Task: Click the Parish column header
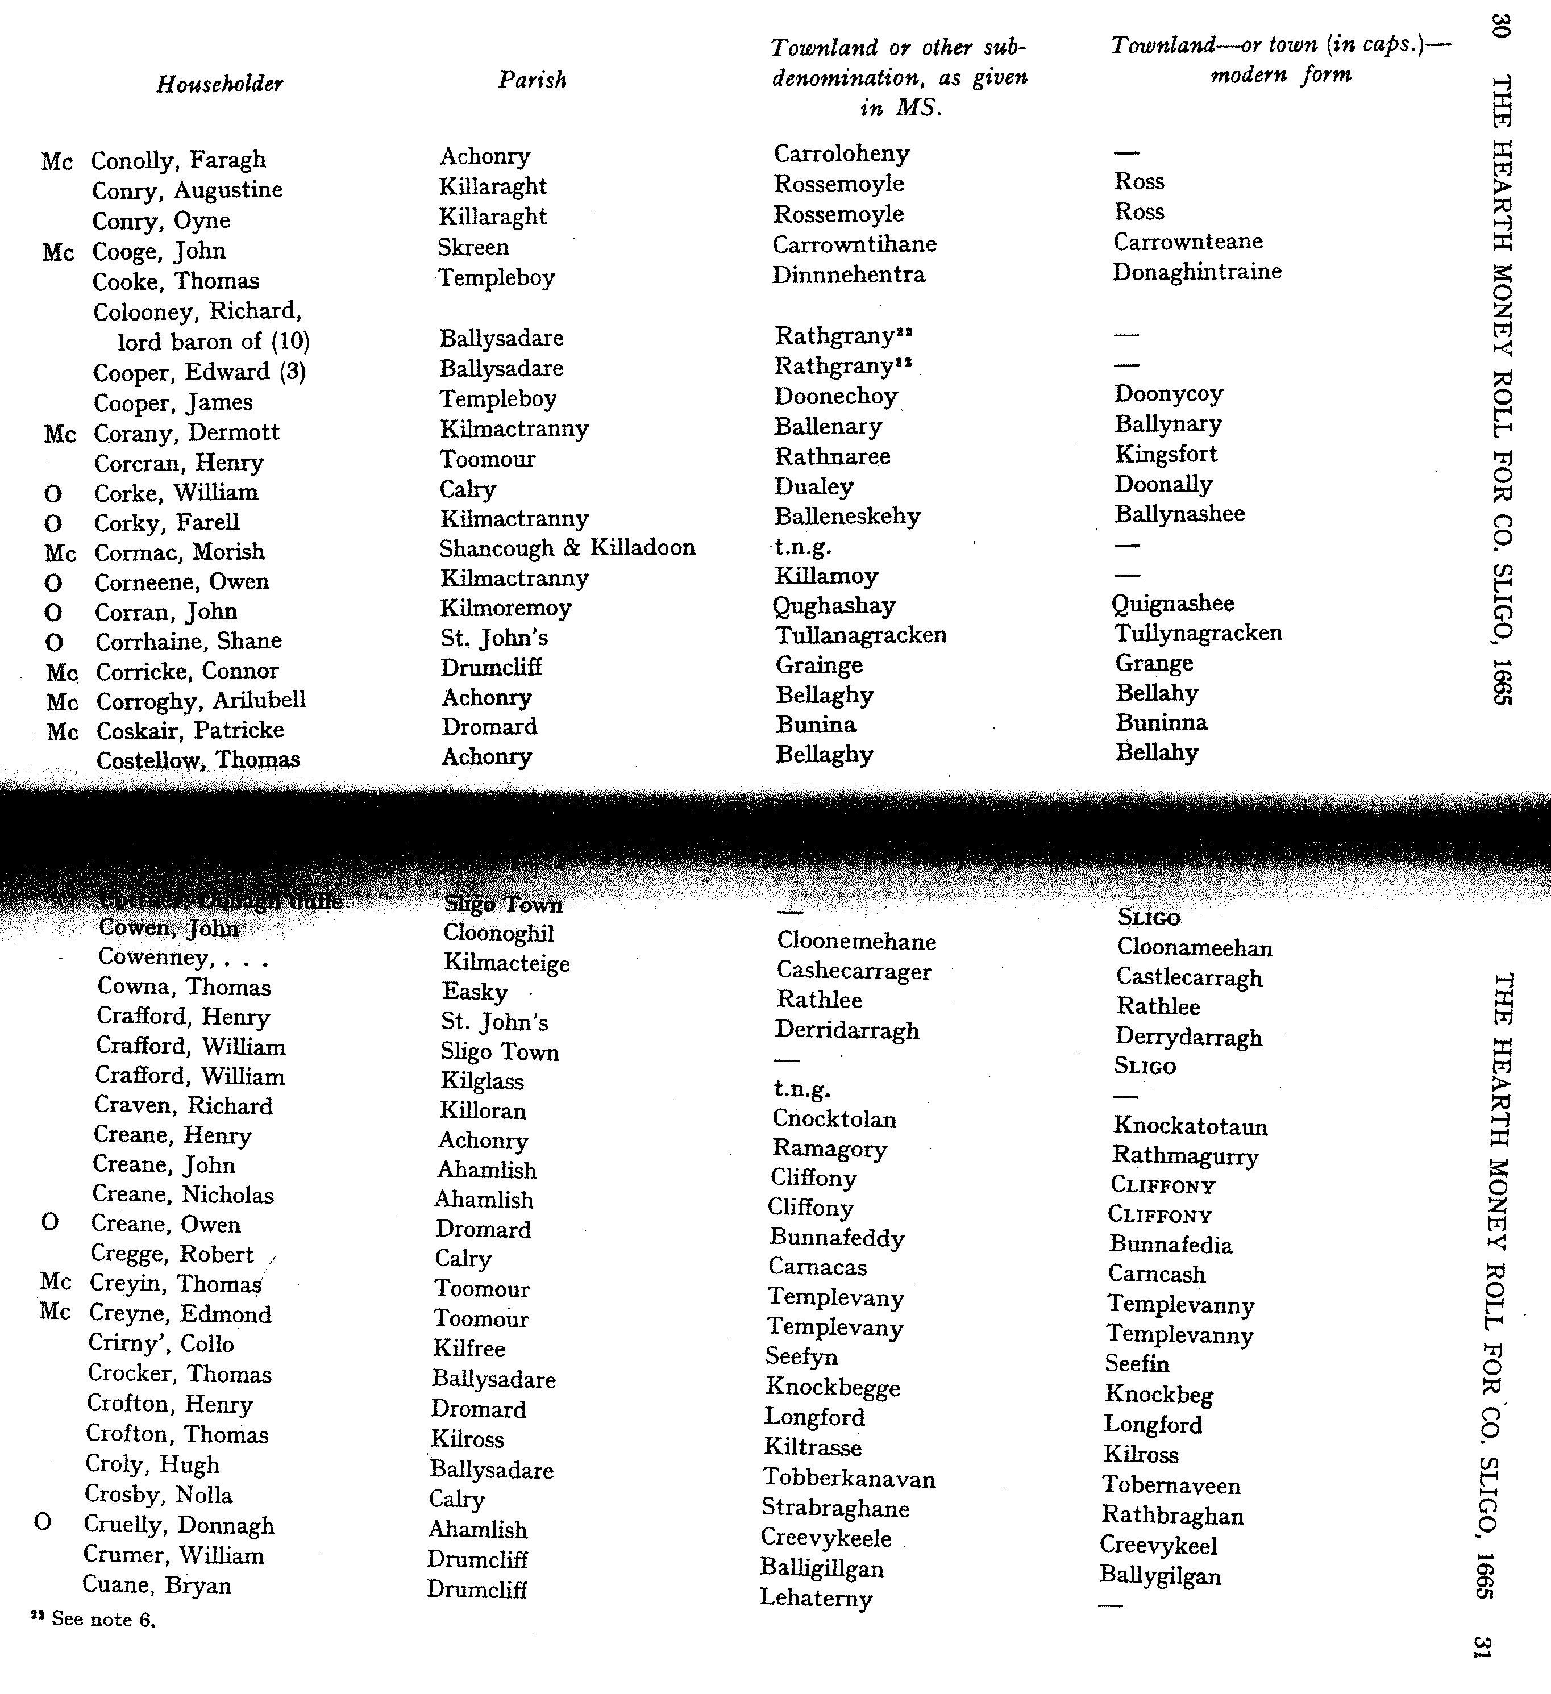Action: (532, 80)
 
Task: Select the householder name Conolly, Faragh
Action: (178, 160)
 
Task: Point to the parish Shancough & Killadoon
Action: (567, 548)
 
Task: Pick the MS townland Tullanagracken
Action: (860, 635)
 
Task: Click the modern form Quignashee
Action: (1172, 603)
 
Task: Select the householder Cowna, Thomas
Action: (184, 987)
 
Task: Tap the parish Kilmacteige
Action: (506, 963)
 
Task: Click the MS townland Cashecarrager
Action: (853, 971)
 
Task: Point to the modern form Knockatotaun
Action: (1190, 1126)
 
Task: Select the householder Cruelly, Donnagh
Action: (179, 1525)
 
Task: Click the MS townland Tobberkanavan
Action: (849, 1478)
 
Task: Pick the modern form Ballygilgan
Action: (1159, 1576)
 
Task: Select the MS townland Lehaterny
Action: (815, 1597)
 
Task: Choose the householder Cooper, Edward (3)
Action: (199, 372)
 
